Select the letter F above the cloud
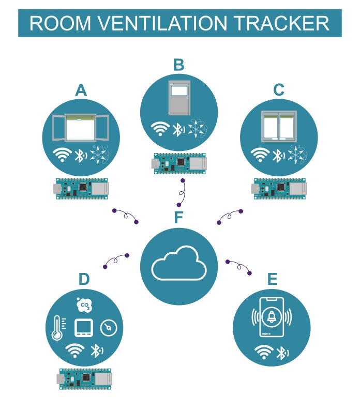(x=178, y=218)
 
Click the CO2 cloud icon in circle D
(x=83, y=306)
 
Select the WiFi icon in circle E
(x=264, y=353)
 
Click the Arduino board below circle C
(x=280, y=188)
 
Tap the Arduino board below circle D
(x=85, y=378)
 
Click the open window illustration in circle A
(x=81, y=127)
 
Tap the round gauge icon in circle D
(x=108, y=328)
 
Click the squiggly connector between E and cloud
(x=239, y=267)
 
